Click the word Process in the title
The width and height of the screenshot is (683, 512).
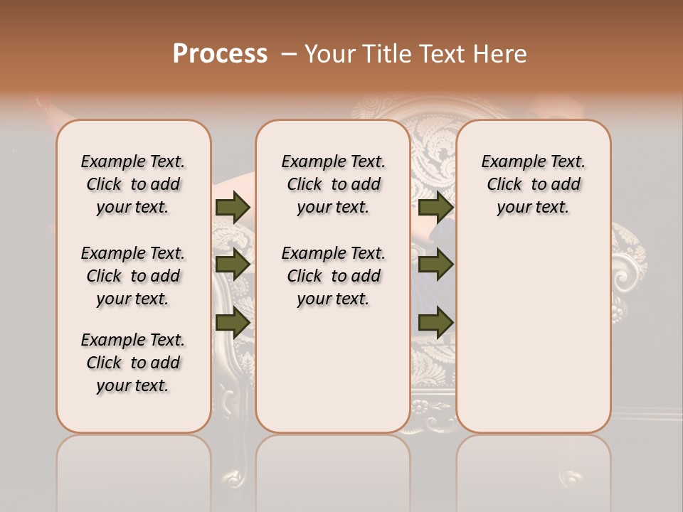coord(220,54)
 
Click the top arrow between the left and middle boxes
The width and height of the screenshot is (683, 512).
coord(232,207)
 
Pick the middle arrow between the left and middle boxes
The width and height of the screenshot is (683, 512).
coord(232,265)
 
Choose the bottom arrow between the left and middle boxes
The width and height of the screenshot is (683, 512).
coord(232,322)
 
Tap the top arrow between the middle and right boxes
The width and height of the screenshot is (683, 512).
coord(435,207)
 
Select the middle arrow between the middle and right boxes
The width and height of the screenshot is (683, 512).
coord(435,265)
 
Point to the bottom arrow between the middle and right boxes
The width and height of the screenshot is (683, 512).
coord(435,322)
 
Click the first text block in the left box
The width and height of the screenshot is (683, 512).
coord(133,184)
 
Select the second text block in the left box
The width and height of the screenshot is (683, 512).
coord(133,276)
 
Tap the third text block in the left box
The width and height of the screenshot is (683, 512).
coord(133,363)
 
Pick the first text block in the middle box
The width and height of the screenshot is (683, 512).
coord(333,184)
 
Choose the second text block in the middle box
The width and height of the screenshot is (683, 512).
coord(333,276)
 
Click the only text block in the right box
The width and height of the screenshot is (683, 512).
coord(533,184)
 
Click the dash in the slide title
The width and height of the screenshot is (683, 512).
coord(289,54)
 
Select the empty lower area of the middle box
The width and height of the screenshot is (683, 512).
coord(333,370)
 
